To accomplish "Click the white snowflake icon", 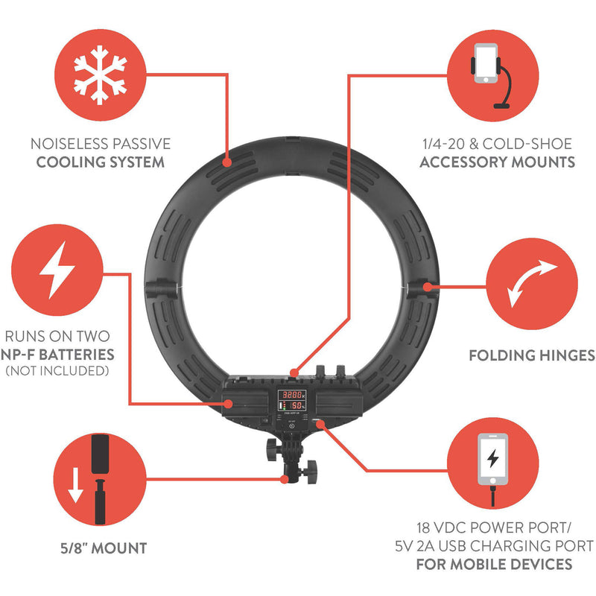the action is (x=101, y=75).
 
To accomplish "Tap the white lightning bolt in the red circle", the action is (x=57, y=270).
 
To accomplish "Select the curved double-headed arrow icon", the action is (x=532, y=283).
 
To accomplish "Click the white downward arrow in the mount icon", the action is (x=75, y=486).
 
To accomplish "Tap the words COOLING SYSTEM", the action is (x=101, y=162).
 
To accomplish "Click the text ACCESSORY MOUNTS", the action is (x=497, y=162).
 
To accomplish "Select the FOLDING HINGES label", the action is (x=532, y=355).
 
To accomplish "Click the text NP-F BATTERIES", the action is (x=58, y=355).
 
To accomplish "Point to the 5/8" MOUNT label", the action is (x=104, y=548).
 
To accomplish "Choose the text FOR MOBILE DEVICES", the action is (x=494, y=564).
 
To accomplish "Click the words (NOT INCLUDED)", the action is (x=57, y=370).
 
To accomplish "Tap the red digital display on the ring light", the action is (x=291, y=400).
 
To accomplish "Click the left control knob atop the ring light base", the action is (x=320, y=370).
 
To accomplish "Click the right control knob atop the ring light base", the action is (x=340, y=370).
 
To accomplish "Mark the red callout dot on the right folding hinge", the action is (x=428, y=287).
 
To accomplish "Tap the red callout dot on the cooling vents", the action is (x=227, y=162).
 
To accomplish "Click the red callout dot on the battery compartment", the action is (x=228, y=404).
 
